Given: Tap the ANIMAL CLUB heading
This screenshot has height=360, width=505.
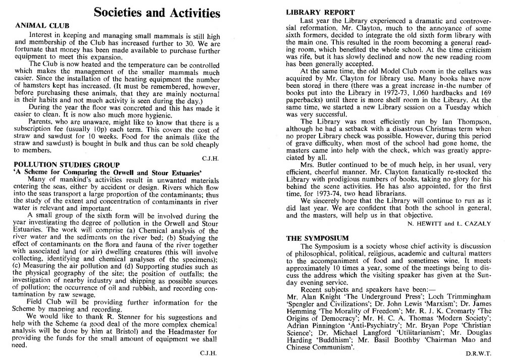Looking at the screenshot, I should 43,25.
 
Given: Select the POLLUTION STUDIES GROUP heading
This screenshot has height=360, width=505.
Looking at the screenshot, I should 67,165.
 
